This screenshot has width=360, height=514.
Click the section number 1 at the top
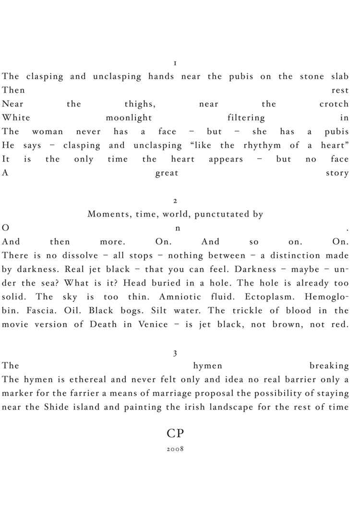click(176, 63)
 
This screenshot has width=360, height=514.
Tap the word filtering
click(245, 118)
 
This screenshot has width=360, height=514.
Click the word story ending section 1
click(337, 173)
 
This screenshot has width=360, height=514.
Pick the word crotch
click(334, 104)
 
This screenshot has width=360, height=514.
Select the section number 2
click(176, 201)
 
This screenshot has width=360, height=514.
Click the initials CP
click(176, 433)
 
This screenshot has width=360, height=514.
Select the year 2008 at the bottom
click(176, 451)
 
